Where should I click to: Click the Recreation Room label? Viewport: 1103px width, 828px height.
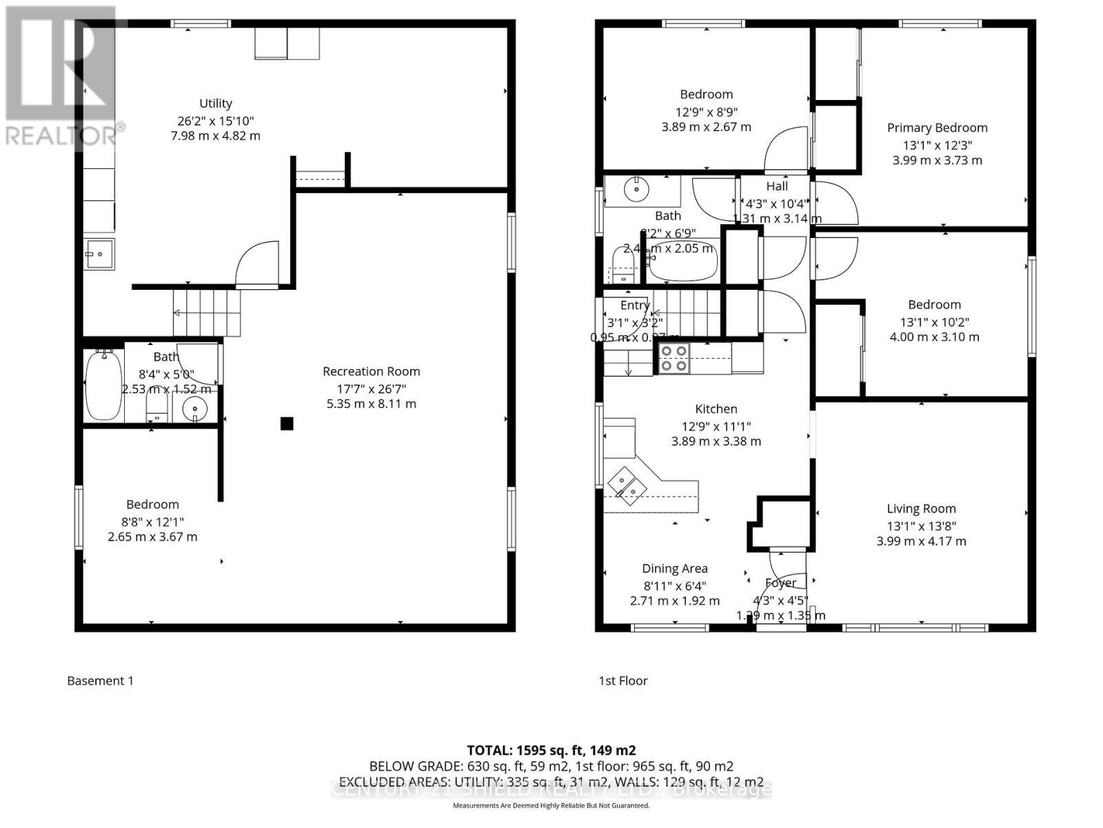[x=371, y=371]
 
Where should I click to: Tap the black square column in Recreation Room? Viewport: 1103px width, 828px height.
[x=287, y=424]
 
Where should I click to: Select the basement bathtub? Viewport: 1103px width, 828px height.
[x=103, y=385]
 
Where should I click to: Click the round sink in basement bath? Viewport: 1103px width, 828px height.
[x=195, y=408]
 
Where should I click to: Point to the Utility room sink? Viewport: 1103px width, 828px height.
[x=99, y=254]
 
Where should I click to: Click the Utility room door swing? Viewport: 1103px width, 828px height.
[x=257, y=264]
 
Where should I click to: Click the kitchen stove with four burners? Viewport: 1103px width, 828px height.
[x=674, y=358]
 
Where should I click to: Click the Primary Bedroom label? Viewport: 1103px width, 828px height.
[x=937, y=128]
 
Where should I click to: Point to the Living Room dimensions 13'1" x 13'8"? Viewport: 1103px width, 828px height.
[x=921, y=526]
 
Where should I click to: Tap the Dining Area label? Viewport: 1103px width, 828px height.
[x=674, y=569]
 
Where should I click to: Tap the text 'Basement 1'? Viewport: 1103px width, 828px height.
[x=100, y=680]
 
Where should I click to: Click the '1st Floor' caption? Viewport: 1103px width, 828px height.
[x=623, y=680]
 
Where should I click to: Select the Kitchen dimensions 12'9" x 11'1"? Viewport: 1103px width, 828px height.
[x=716, y=426]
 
